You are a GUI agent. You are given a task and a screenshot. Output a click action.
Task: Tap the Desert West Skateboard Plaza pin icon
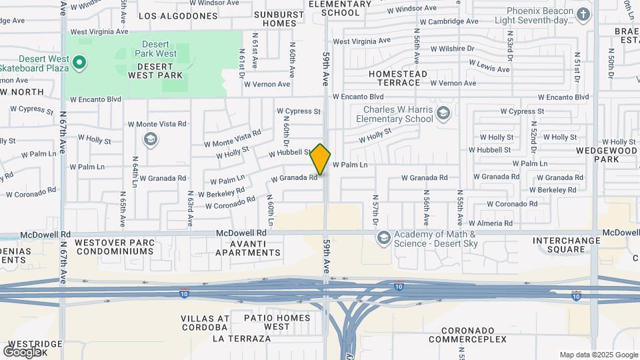[79, 63]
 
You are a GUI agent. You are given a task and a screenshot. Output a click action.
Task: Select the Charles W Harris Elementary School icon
[444, 114]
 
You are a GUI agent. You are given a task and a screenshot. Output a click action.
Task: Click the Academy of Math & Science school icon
[383, 238]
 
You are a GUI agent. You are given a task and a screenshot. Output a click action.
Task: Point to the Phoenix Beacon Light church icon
[583, 15]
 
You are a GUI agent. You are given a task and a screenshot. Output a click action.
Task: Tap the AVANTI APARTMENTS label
[248, 247]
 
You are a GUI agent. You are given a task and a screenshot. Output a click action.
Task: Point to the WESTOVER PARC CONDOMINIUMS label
[114, 247]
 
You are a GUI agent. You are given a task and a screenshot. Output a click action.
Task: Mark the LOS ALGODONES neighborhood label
[178, 15]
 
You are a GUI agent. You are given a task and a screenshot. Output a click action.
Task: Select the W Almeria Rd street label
[491, 223]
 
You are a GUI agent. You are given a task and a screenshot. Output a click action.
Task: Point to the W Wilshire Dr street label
[452, 49]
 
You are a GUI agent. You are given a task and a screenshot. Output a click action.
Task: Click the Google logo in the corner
[23, 351]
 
